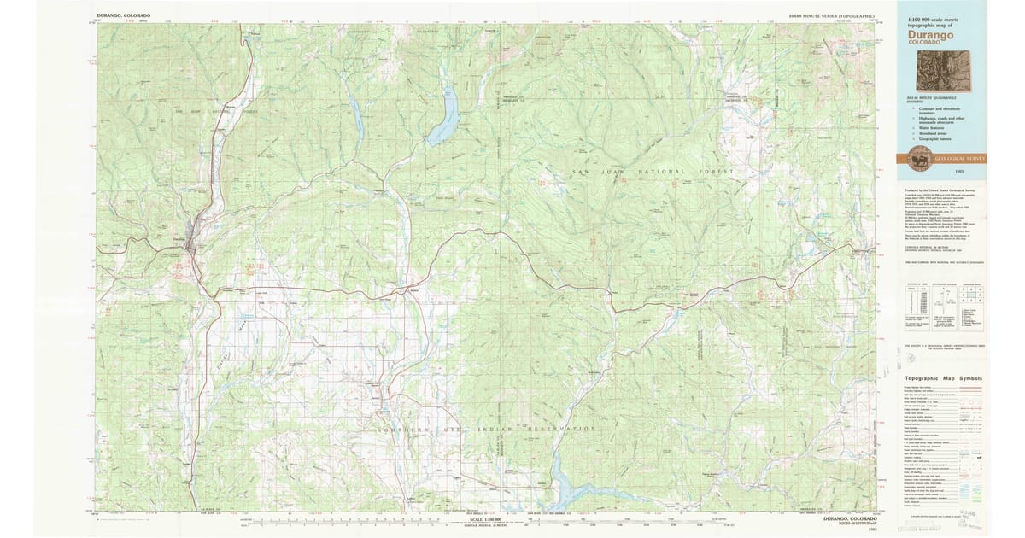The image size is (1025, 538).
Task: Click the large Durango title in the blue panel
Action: point(930,35)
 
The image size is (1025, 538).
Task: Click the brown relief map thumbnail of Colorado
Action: point(943,70)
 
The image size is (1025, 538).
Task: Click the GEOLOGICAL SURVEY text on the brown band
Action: point(958,158)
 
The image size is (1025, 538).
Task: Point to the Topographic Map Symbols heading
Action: point(943,378)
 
